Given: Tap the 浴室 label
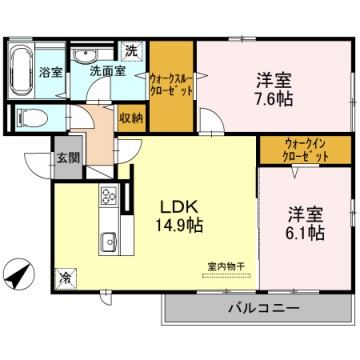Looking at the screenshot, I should (x=51, y=73).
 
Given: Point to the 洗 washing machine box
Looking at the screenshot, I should (x=131, y=49).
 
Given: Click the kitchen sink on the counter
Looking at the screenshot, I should (x=107, y=242).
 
